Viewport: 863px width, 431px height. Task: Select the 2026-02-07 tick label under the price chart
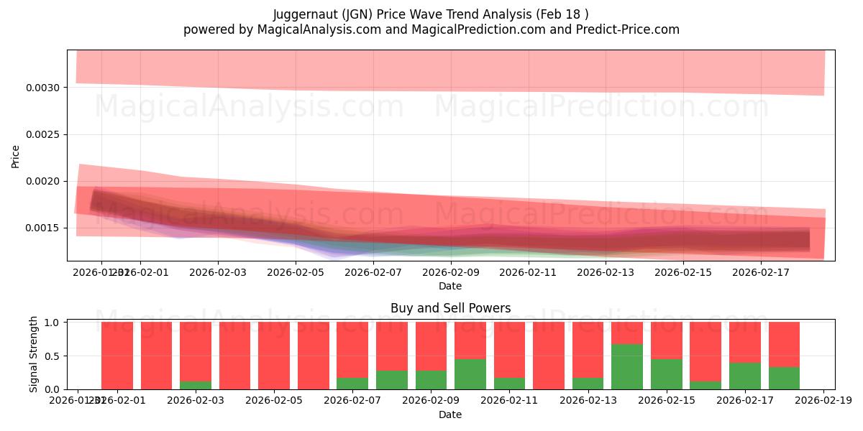point(373,272)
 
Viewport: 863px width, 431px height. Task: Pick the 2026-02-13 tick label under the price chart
point(606,272)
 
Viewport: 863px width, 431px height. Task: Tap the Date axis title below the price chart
point(450,286)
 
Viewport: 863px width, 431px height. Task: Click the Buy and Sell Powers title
point(450,308)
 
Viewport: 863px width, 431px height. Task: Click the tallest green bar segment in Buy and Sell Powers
point(627,366)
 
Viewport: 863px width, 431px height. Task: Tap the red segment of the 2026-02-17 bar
point(744,342)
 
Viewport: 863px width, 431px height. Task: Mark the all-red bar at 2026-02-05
point(274,356)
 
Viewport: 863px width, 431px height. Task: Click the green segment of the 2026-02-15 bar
point(666,374)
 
